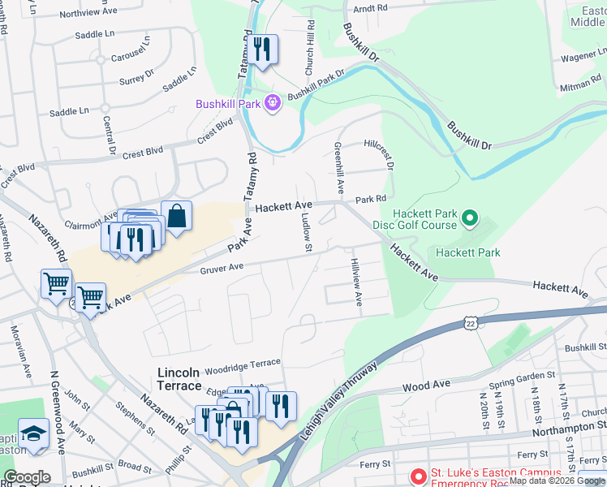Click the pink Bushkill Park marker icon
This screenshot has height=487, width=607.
[x=272, y=104]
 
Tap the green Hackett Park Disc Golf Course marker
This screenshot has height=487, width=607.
[x=469, y=218]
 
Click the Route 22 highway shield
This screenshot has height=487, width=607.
[x=471, y=323]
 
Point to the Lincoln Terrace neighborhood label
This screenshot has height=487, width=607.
[x=190, y=373]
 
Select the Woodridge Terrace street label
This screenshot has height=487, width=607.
[x=241, y=363]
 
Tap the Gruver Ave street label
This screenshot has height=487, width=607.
[x=222, y=267]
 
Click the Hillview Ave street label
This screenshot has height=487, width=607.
[x=356, y=282]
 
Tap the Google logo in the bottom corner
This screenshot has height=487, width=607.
[x=27, y=477]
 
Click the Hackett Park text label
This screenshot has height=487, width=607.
[x=467, y=252]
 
